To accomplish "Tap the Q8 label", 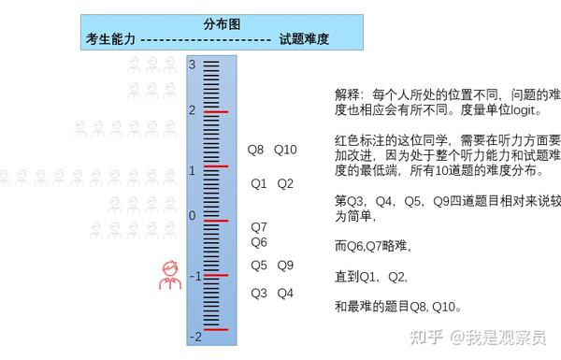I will coord(255,150).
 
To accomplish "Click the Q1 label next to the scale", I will coord(259,183).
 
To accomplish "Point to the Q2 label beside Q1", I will coord(285,183).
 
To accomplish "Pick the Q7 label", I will coord(259,226).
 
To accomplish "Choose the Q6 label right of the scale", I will coord(259,242).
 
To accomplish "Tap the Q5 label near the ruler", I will coord(259,266).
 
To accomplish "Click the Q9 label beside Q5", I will coord(285,266).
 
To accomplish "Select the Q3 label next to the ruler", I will coord(259,294).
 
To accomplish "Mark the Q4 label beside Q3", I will coord(285,294).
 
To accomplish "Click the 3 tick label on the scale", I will coord(192,65).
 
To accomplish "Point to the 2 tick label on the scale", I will coord(192,110).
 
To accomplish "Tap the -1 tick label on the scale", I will coord(194,276).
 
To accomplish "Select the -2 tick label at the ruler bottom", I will coord(194,336).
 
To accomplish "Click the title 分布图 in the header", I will coord(221,23).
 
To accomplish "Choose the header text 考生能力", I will coord(110,39).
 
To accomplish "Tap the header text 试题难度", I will coord(305,39).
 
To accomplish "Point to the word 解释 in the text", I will coord(347,95).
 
